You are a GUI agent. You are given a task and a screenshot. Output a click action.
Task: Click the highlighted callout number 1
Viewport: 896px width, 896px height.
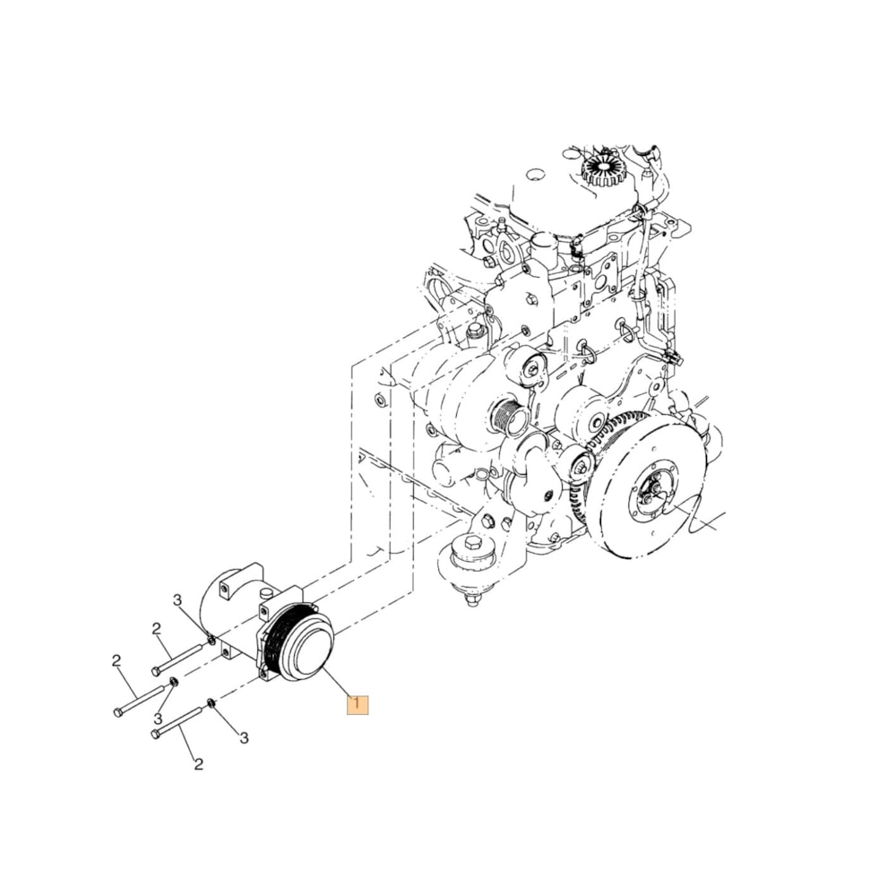(x=358, y=704)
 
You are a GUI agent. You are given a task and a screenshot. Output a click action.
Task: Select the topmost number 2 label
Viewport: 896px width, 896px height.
(x=156, y=628)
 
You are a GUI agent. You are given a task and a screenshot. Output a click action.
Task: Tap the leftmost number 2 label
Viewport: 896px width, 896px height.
(x=116, y=660)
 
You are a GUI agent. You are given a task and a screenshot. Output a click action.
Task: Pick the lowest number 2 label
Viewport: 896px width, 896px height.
(x=198, y=764)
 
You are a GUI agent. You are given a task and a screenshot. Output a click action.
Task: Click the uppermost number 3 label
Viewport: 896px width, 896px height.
(x=177, y=599)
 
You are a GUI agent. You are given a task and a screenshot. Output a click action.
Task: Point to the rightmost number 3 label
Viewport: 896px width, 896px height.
(x=243, y=737)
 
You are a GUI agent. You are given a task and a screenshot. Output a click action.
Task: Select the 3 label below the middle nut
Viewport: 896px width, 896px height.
(x=158, y=719)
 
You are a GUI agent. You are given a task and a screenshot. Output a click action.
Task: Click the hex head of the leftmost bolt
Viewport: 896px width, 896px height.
(x=119, y=712)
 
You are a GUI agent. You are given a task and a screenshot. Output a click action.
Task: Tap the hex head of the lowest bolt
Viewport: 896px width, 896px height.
(x=156, y=735)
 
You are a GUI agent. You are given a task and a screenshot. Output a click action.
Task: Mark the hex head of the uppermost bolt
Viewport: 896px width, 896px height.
(x=157, y=670)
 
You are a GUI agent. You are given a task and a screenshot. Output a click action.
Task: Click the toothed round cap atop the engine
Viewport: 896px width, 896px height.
(x=600, y=168)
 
